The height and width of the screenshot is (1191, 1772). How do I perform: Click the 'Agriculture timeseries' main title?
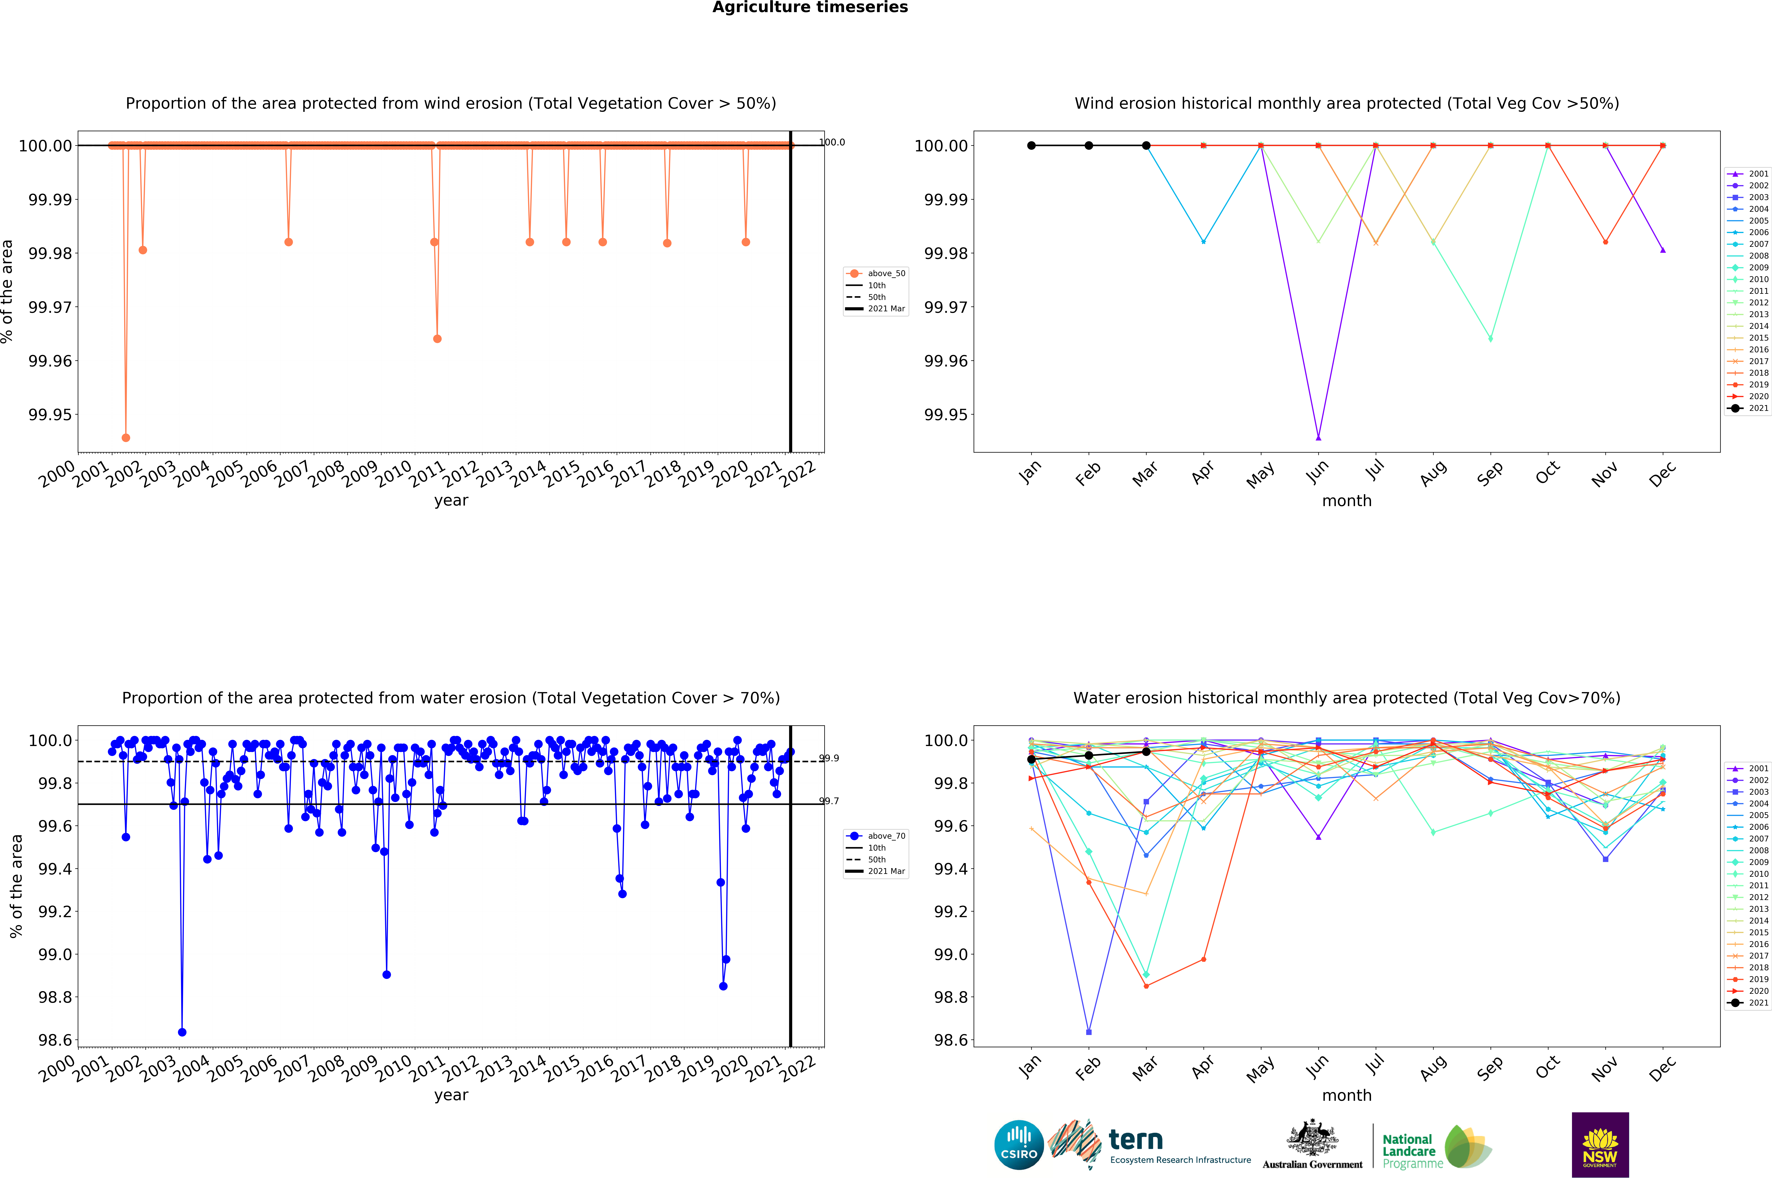point(810,8)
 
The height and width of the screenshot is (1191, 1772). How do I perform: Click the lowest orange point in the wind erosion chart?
point(126,438)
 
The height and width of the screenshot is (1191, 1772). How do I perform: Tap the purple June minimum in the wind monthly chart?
point(1318,438)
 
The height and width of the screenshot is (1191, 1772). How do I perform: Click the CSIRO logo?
point(1019,1145)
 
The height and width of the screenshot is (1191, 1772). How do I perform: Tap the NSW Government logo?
point(1600,1145)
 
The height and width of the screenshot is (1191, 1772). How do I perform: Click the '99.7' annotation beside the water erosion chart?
point(829,801)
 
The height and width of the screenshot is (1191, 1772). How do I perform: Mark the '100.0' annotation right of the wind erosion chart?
point(832,142)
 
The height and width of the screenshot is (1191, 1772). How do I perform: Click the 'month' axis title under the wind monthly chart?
point(1347,501)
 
